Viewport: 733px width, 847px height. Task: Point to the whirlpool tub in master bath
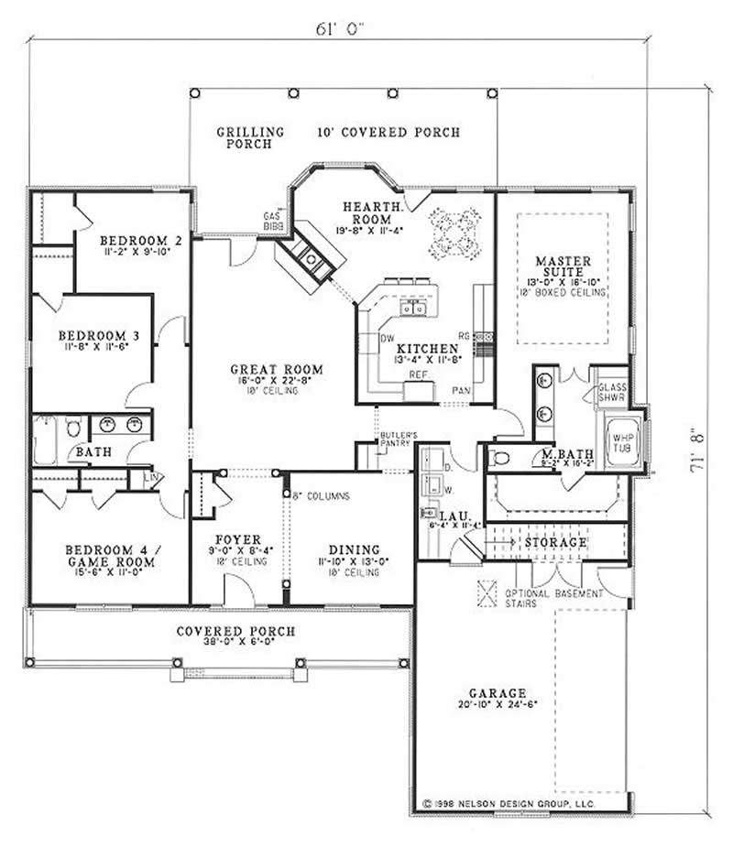(620, 443)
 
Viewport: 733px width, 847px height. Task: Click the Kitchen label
(427, 349)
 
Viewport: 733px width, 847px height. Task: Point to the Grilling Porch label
(250, 137)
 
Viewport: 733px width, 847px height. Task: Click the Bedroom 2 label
(140, 241)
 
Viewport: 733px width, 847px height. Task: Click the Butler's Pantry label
(399, 439)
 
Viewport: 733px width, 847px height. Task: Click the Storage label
(555, 543)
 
